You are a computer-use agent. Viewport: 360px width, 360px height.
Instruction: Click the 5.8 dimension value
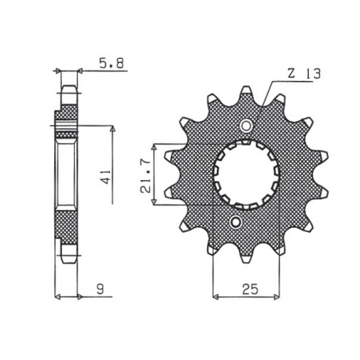(x=111, y=64)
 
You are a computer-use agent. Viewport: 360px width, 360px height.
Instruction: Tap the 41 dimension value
(x=107, y=178)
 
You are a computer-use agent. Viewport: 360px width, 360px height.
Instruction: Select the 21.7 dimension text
(x=146, y=176)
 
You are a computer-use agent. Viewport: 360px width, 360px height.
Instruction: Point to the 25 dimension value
(x=250, y=288)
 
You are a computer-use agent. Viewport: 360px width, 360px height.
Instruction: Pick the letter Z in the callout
(x=292, y=74)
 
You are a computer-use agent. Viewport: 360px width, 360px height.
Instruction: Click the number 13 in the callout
(x=312, y=74)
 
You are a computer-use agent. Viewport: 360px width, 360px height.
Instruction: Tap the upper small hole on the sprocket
(x=246, y=126)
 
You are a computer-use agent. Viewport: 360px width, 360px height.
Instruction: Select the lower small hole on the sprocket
(x=235, y=222)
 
